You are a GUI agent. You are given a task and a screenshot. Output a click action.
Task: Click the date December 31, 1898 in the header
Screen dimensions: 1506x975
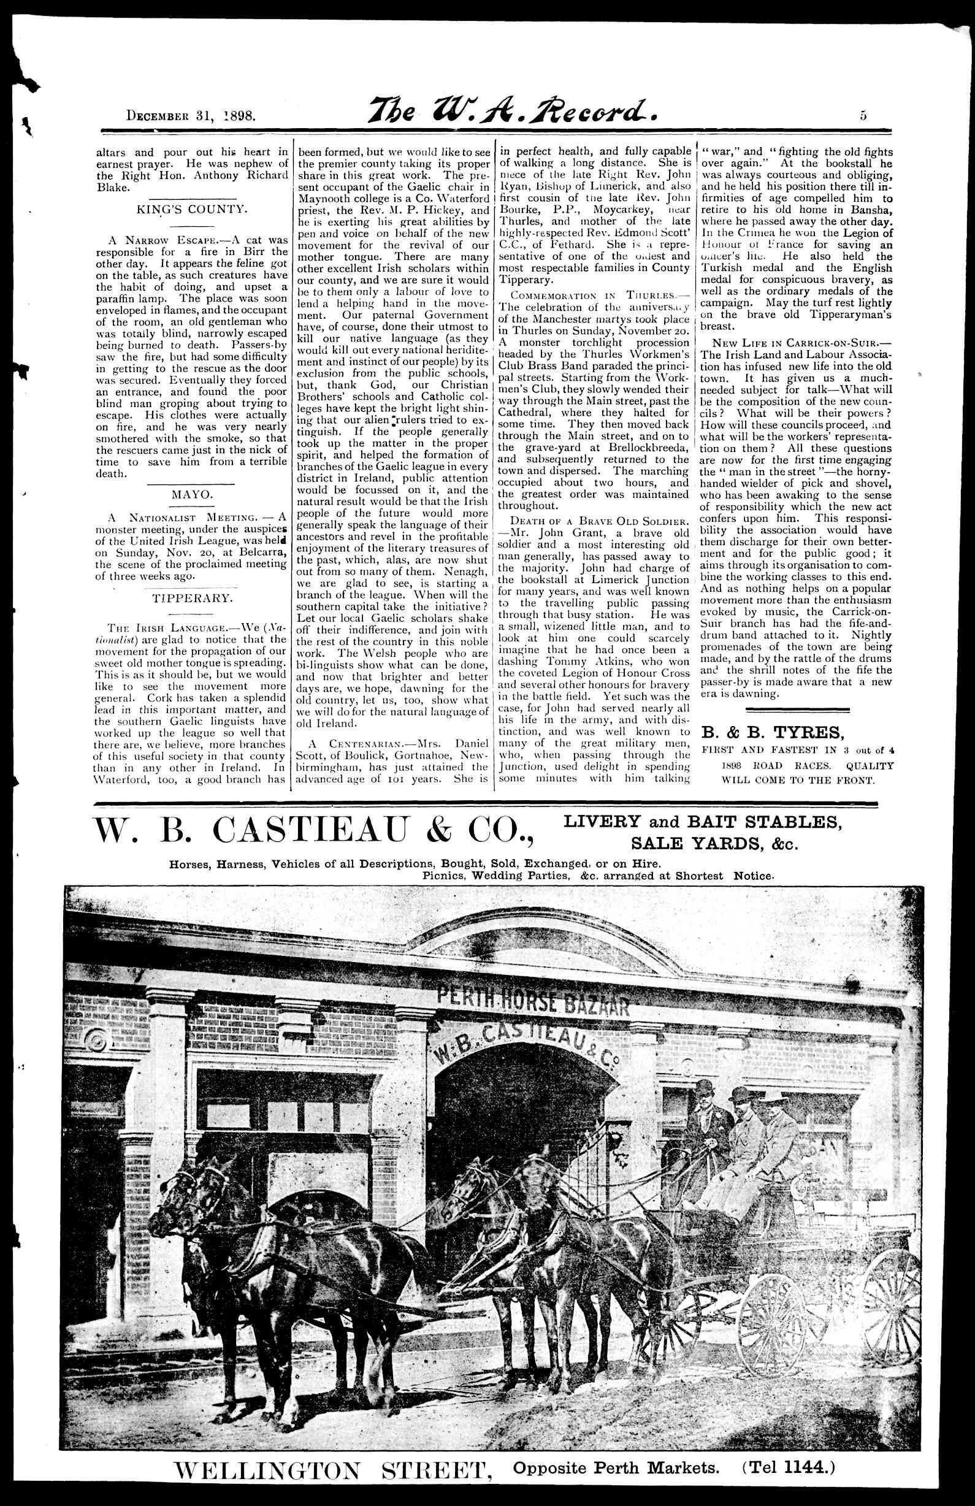[x=191, y=116]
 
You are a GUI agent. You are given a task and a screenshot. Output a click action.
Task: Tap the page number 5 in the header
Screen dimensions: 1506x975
[x=863, y=115]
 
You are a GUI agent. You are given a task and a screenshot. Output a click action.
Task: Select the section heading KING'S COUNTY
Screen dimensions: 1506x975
[x=192, y=208]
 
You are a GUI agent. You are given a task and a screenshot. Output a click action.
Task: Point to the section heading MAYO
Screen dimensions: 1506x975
[x=193, y=494]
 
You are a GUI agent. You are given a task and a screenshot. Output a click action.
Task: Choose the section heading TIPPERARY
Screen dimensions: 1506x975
[x=192, y=598]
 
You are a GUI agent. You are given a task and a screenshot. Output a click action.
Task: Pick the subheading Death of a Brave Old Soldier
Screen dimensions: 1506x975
[x=594, y=521]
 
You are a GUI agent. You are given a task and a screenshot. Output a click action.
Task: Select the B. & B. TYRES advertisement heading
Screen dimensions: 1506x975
[x=773, y=732]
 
